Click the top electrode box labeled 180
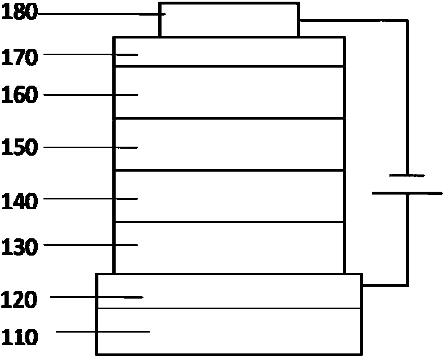click(229, 20)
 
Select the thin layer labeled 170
click(229, 52)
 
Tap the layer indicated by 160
click(229, 92)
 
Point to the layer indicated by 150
click(229, 144)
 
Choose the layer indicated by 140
click(229, 196)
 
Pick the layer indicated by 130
click(229, 247)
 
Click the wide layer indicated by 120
click(229, 291)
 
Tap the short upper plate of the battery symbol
click(407, 176)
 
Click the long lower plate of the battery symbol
click(407, 193)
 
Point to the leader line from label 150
click(90, 147)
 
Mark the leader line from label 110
click(102, 331)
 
